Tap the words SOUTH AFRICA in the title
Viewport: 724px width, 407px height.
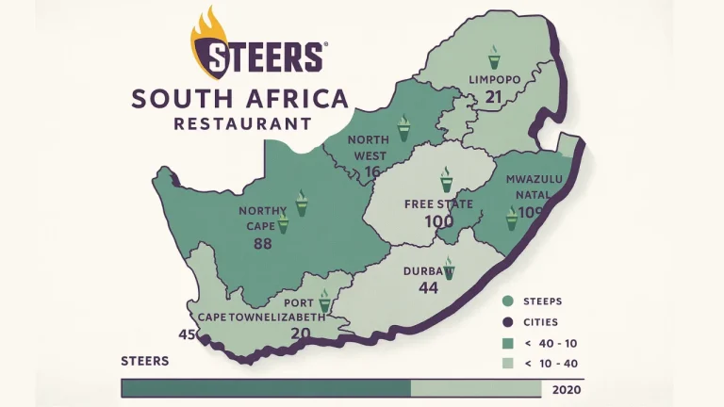pos(240,99)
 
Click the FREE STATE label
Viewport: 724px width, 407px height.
pos(438,204)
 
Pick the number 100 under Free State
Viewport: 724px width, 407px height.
pos(438,222)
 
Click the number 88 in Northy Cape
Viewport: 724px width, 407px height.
pos(263,244)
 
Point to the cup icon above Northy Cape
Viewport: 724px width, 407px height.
pos(302,202)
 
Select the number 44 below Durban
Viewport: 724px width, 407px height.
pos(429,288)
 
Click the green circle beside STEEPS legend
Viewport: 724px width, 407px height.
pos(508,301)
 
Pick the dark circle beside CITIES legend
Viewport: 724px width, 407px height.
pos(508,322)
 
